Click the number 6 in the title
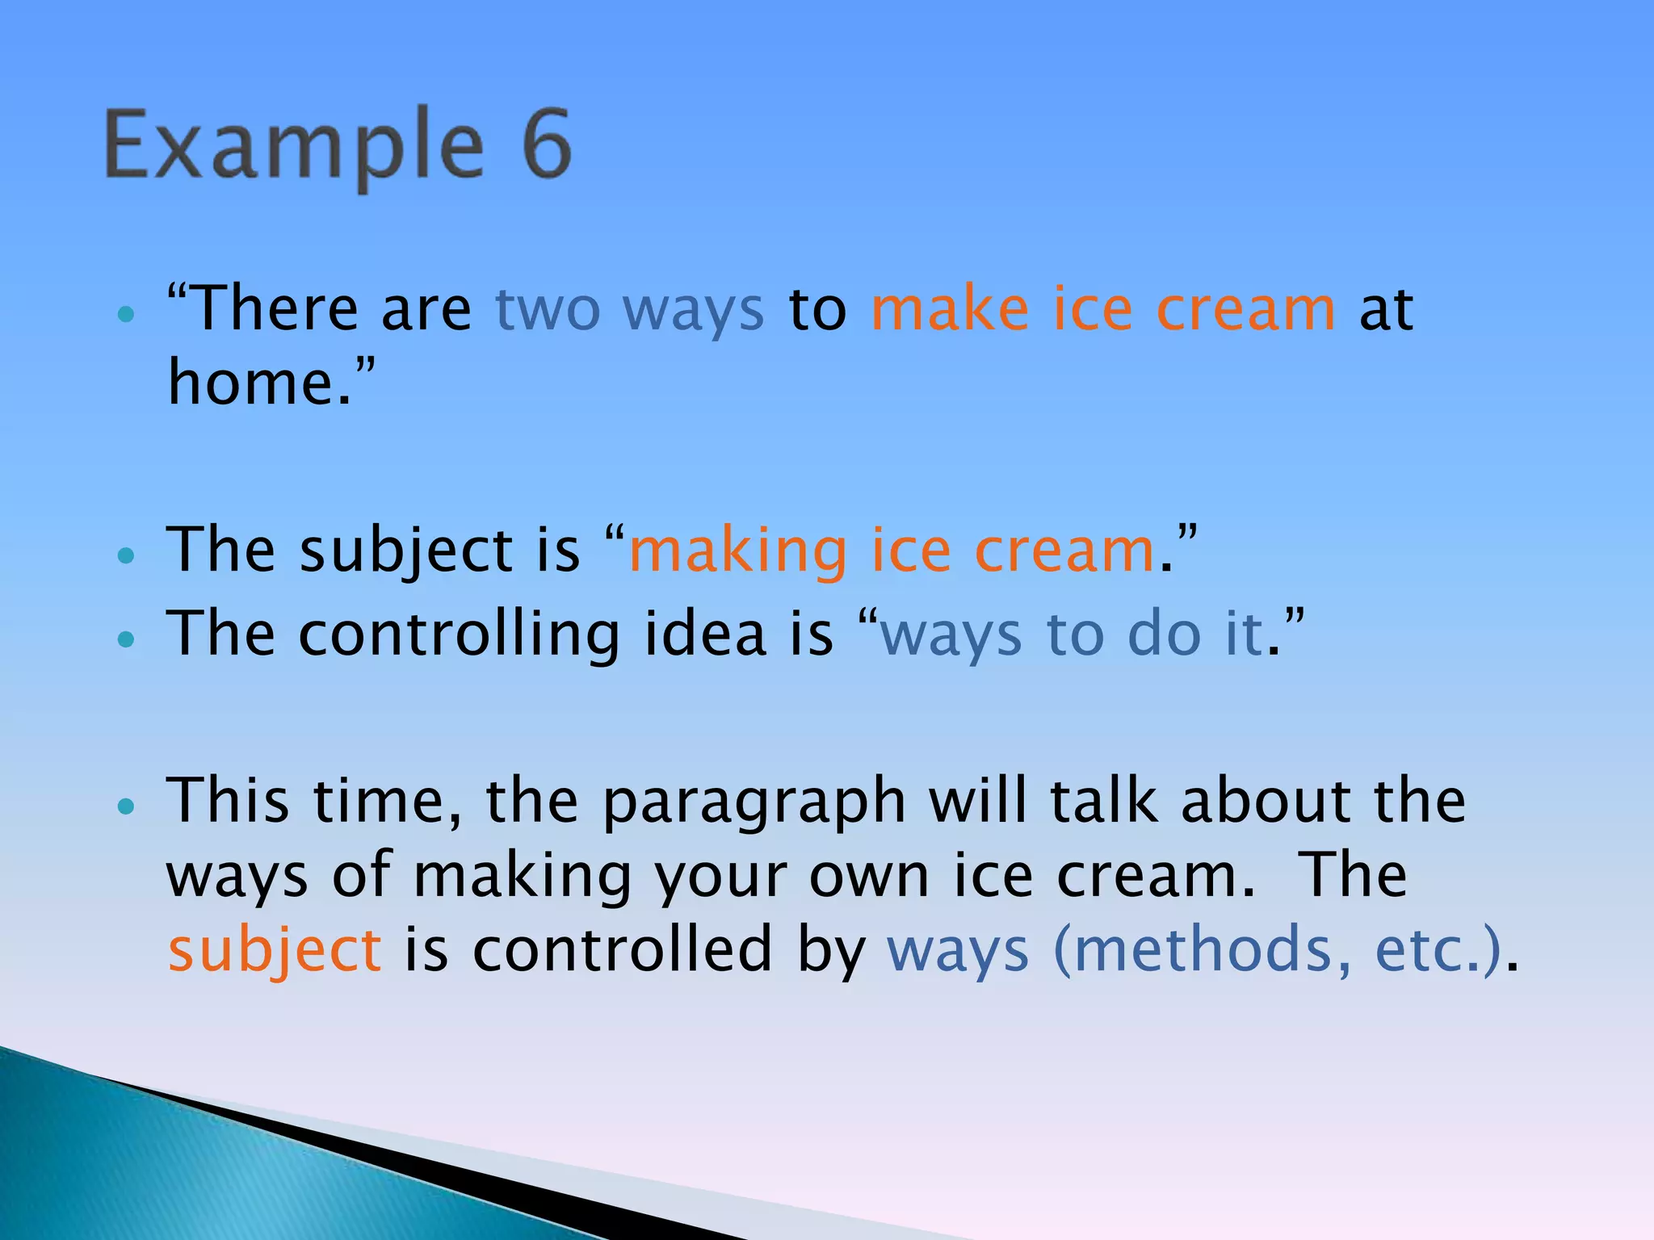click(547, 145)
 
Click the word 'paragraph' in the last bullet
click(754, 803)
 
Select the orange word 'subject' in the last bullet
click(275, 952)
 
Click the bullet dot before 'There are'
click(125, 314)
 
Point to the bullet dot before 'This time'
click(125, 806)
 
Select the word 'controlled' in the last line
click(622, 950)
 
